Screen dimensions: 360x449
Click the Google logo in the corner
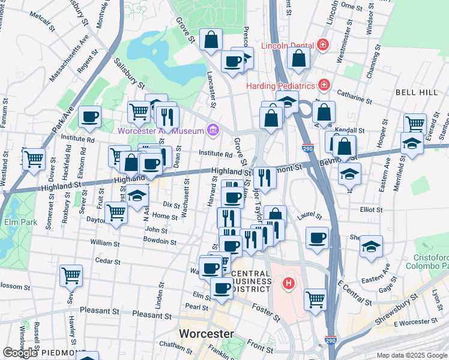[x=20, y=353]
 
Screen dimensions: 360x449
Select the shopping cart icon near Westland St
[x=34, y=160]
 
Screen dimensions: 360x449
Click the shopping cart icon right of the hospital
[x=315, y=298]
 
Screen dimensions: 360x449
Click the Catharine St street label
[x=351, y=96]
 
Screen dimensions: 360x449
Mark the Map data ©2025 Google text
[x=412, y=355]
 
